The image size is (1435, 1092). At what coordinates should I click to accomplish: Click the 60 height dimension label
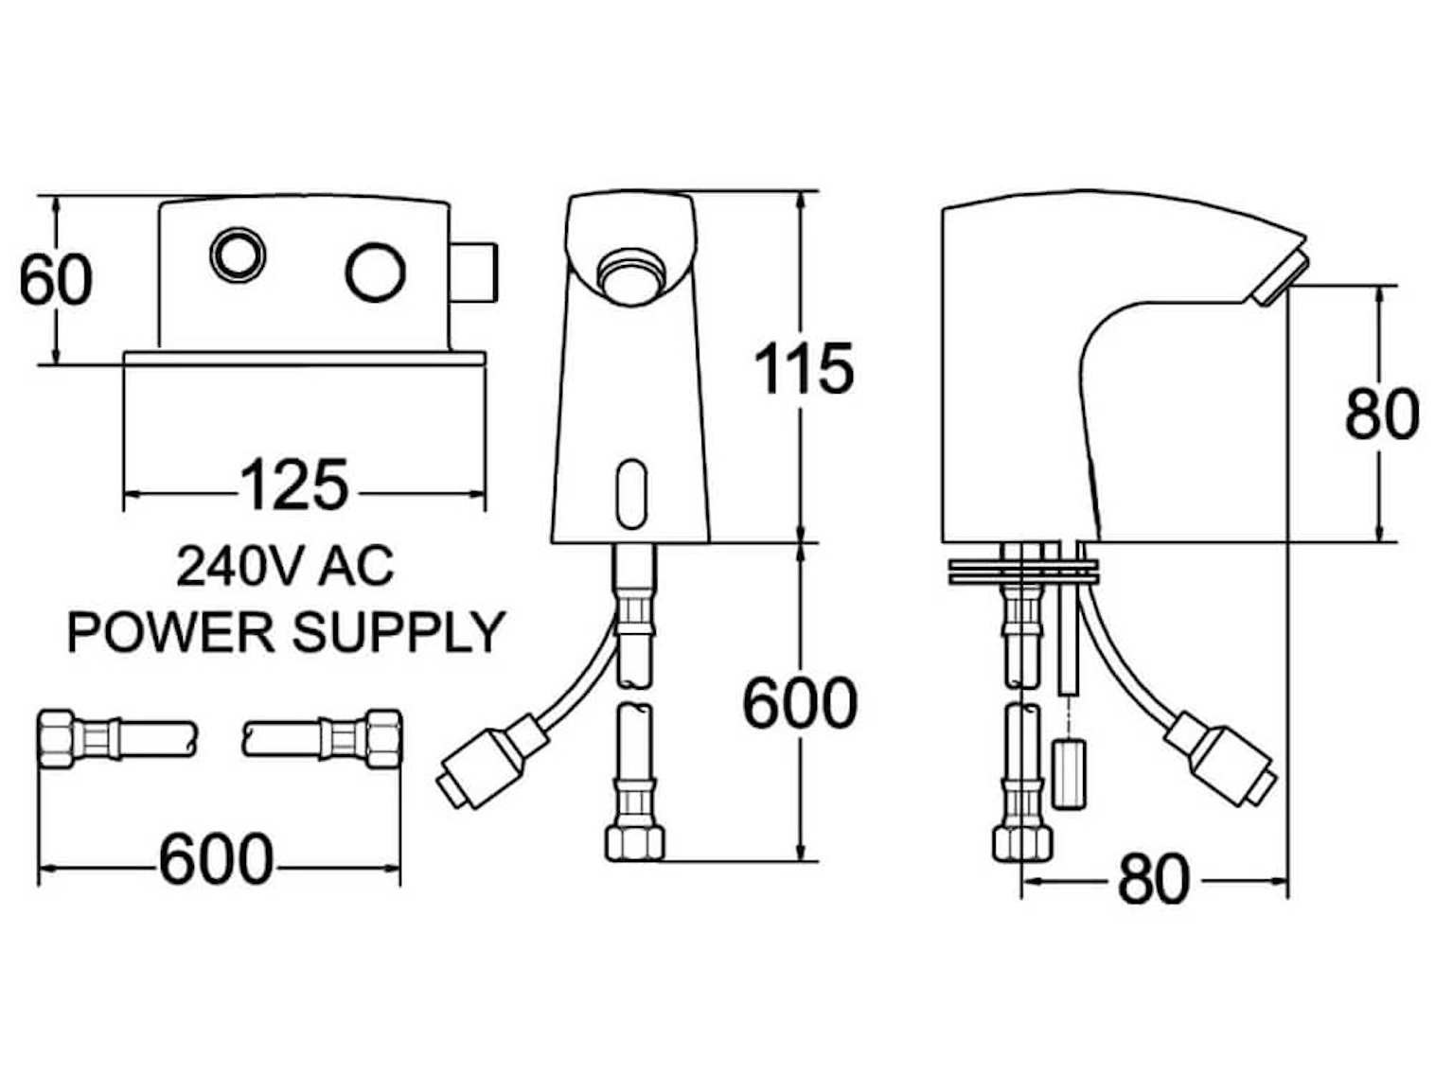56,278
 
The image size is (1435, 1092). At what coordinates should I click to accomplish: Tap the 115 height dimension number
803,368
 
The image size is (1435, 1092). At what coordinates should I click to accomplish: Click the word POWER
170,631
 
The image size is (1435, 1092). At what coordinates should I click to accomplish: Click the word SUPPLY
399,631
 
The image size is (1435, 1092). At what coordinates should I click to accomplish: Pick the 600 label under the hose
216,860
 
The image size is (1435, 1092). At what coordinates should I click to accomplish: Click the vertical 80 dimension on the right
1381,413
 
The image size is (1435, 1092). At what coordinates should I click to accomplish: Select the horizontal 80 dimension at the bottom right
1153,879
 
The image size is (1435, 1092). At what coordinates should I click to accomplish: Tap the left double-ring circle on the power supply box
237,254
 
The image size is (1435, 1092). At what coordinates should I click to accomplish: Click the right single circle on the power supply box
375,271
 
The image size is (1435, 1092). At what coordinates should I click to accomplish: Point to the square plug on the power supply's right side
474,272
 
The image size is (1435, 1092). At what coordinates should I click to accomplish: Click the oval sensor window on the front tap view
631,492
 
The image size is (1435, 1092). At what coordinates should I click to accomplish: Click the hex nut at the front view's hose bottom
634,840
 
